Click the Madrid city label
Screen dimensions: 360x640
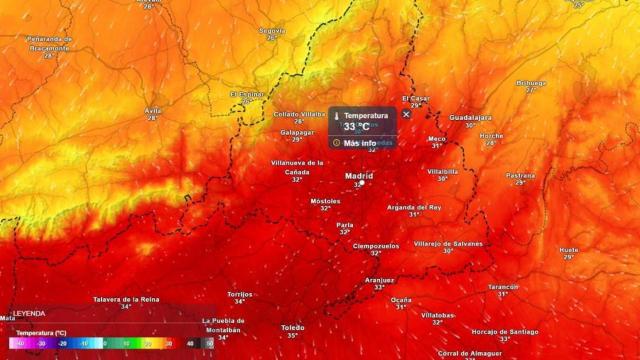pyautogui.click(x=358, y=176)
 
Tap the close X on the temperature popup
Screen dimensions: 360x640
pyautogui.click(x=406, y=114)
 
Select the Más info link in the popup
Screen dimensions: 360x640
pyautogui.click(x=359, y=143)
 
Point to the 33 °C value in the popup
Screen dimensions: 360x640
pyautogui.click(x=357, y=127)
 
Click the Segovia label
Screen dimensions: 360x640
pyautogui.click(x=272, y=30)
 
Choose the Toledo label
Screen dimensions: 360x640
pyautogui.click(x=292, y=327)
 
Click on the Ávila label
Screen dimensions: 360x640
pyautogui.click(x=153, y=110)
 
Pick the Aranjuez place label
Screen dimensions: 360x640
pyautogui.click(x=379, y=279)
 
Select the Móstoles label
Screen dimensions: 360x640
pyautogui.click(x=326, y=200)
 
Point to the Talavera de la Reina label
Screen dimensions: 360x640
pyautogui.click(x=126, y=299)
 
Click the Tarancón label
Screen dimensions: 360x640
pyautogui.click(x=503, y=286)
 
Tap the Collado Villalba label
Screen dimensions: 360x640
pyautogui.click(x=298, y=114)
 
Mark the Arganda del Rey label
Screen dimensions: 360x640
pyautogui.click(x=414, y=206)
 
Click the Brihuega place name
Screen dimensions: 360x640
pyautogui.click(x=531, y=82)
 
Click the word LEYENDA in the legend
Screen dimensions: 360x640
pyautogui.click(x=28, y=313)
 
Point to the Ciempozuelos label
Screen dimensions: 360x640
pyautogui.click(x=376, y=245)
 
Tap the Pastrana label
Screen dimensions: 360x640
pyautogui.click(x=521, y=175)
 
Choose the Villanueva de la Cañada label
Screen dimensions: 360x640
pyautogui.click(x=297, y=166)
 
